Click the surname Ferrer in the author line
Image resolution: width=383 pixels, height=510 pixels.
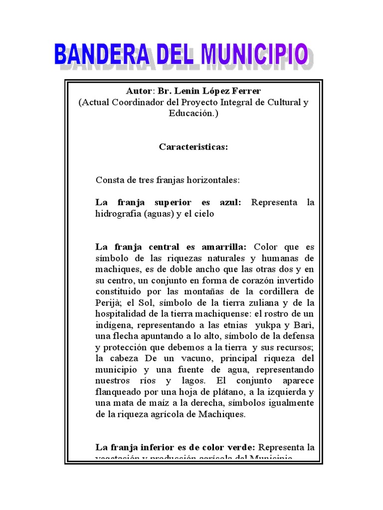pyautogui.click(x=244, y=92)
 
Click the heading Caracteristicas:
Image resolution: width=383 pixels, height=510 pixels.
pyautogui.click(x=193, y=147)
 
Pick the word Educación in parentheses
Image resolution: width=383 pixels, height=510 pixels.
pyautogui.click(x=191, y=113)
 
